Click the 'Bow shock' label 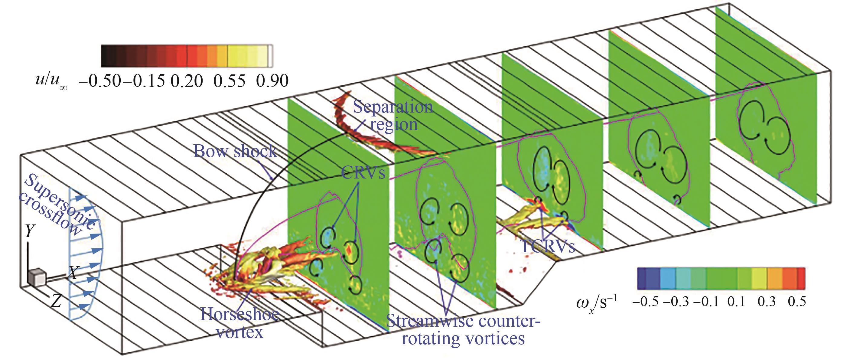tap(235, 151)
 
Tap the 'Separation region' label tap(393, 116)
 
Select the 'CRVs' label tap(363, 172)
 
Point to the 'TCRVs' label tap(547, 246)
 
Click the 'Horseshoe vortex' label tap(240, 323)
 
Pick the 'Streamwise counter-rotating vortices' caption tap(463, 330)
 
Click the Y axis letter tap(30, 232)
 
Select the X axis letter tap(72, 273)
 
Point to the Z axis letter tap(57, 301)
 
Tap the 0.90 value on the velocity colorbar tap(272, 81)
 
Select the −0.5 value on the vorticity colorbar tap(645, 302)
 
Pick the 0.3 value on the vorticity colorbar tap(767, 302)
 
